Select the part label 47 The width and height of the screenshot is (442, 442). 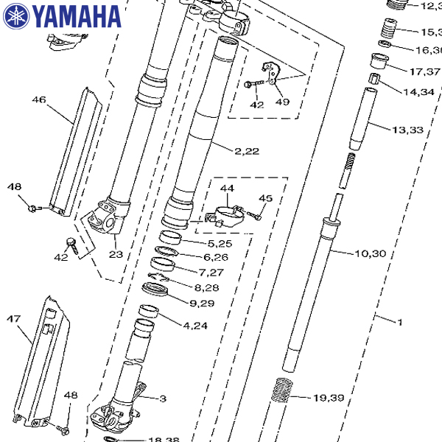[13, 319]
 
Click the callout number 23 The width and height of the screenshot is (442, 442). [115, 254]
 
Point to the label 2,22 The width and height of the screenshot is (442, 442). [248, 151]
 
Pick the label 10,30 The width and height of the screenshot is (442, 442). [370, 254]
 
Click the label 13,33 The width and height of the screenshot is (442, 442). [407, 130]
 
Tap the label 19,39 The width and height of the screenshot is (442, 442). [329, 398]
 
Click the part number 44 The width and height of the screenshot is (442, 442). [227, 189]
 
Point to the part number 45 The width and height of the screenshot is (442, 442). [265, 198]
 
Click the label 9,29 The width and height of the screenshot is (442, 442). [202, 303]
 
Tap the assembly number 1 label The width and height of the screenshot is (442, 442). [400, 322]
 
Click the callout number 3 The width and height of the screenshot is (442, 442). [163, 399]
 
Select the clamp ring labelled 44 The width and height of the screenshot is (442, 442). [225, 214]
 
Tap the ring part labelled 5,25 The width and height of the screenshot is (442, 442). [172, 237]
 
